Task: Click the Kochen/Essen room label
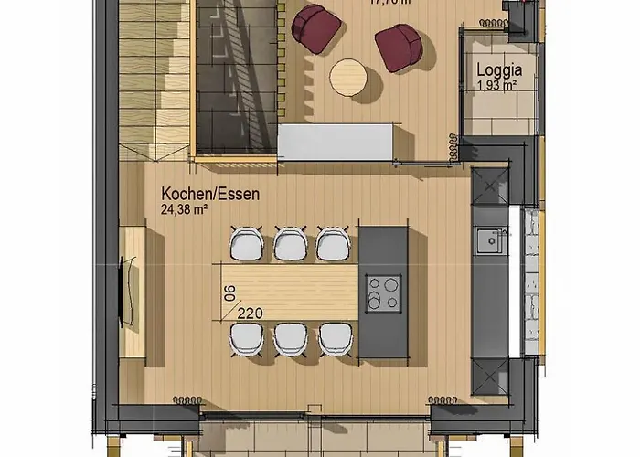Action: [x=210, y=194]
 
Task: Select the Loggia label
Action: [x=498, y=69]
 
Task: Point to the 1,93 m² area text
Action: [x=498, y=85]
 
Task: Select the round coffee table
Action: [x=349, y=77]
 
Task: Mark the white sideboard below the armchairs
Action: [x=336, y=142]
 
